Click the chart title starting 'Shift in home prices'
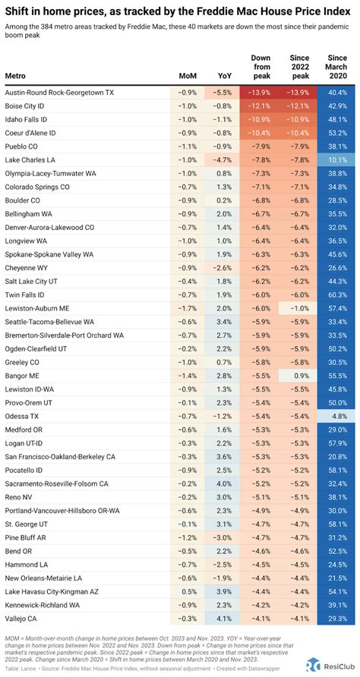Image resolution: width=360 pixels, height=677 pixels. click(152, 11)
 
